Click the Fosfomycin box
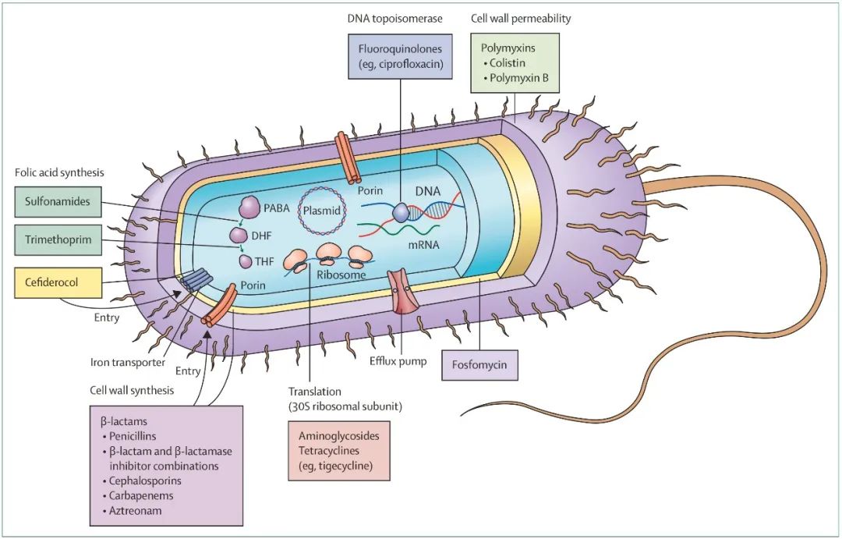479,365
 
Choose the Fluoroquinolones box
400,57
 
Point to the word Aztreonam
136,510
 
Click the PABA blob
249,207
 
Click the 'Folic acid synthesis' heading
59,172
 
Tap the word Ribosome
341,275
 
